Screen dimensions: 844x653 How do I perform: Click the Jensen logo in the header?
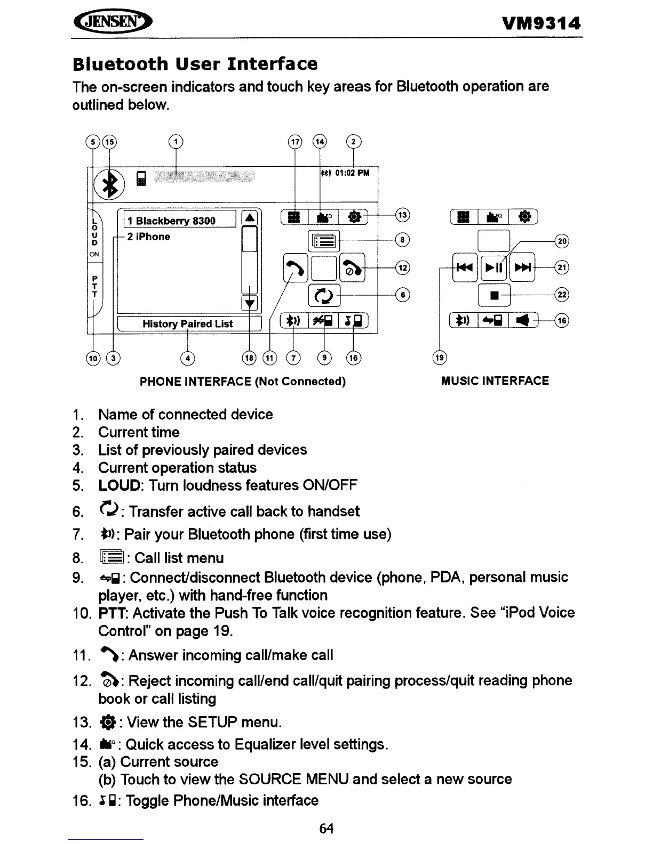coord(112,23)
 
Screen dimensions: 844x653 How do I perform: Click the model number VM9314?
coord(541,23)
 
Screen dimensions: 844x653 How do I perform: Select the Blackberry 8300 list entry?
coord(179,220)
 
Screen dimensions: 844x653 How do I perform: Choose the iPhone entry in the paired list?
coord(149,237)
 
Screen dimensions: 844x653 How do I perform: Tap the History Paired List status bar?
coord(188,324)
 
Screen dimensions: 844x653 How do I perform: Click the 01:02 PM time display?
coord(352,173)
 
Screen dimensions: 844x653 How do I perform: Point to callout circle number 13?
coord(402,215)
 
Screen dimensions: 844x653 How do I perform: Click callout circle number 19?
coord(439,358)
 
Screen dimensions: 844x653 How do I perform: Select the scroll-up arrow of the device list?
coord(250,218)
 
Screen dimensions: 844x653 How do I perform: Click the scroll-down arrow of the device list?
coord(250,304)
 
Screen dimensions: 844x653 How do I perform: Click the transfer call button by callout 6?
coord(323,295)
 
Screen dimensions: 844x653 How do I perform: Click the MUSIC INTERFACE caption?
coord(495,381)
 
